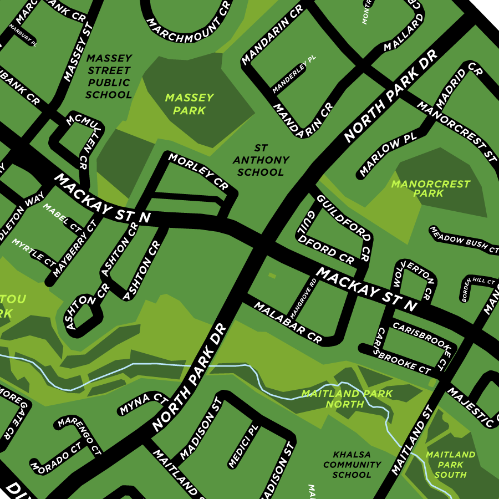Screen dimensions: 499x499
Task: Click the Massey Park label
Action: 189,104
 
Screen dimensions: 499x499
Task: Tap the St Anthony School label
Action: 261,160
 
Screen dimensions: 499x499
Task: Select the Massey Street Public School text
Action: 109,77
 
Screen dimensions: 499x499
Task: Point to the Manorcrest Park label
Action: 430,189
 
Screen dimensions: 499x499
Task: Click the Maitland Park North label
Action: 347,399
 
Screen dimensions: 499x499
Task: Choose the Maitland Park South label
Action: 450,465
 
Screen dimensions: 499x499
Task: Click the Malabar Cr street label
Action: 288,322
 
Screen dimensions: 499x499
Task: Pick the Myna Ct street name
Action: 143,404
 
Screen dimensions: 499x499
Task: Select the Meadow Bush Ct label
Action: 464,239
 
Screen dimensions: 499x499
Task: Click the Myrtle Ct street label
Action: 34,251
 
